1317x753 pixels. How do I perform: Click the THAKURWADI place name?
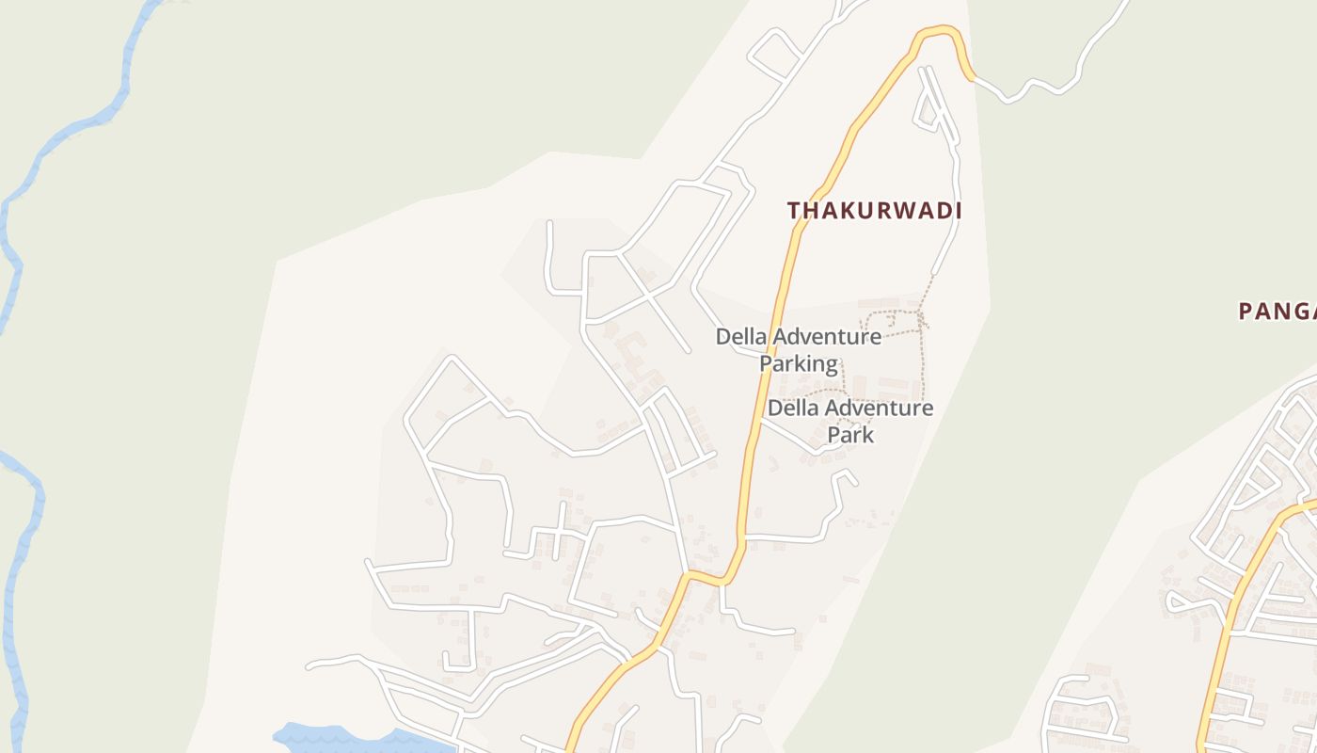pos(874,211)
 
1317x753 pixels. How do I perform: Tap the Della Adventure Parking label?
pos(799,349)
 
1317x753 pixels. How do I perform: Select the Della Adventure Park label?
pos(850,421)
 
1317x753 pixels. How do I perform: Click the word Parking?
pos(799,363)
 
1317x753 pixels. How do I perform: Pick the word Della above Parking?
pos(743,336)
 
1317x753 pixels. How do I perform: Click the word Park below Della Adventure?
pos(850,434)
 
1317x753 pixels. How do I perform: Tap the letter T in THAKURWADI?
pos(795,211)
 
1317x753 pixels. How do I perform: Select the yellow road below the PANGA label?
pos(1242,584)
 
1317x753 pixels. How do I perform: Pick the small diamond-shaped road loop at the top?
pos(773,53)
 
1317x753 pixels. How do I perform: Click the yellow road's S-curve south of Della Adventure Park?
pos(715,577)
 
